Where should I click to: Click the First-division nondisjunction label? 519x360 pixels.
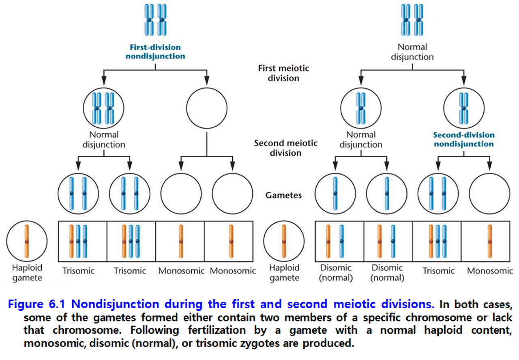click(155, 52)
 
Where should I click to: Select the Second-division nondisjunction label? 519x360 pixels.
click(463, 139)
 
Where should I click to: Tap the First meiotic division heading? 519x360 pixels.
click(283, 73)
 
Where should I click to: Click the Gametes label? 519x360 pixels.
click(283, 195)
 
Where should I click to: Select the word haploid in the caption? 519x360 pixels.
click(437, 330)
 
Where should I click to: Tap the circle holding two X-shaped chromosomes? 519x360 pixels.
click(103, 108)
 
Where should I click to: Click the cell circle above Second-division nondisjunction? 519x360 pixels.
click(464, 108)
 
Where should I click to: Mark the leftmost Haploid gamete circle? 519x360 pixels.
click(27, 241)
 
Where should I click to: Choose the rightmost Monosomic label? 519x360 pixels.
click(490, 270)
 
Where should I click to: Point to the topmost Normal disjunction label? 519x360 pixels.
click(412, 52)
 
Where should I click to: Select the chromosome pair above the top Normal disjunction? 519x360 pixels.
click(412, 19)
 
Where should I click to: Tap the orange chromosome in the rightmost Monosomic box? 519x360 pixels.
click(490, 241)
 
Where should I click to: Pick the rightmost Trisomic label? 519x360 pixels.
click(438, 270)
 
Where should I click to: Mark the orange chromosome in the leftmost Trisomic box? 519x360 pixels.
click(71, 241)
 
